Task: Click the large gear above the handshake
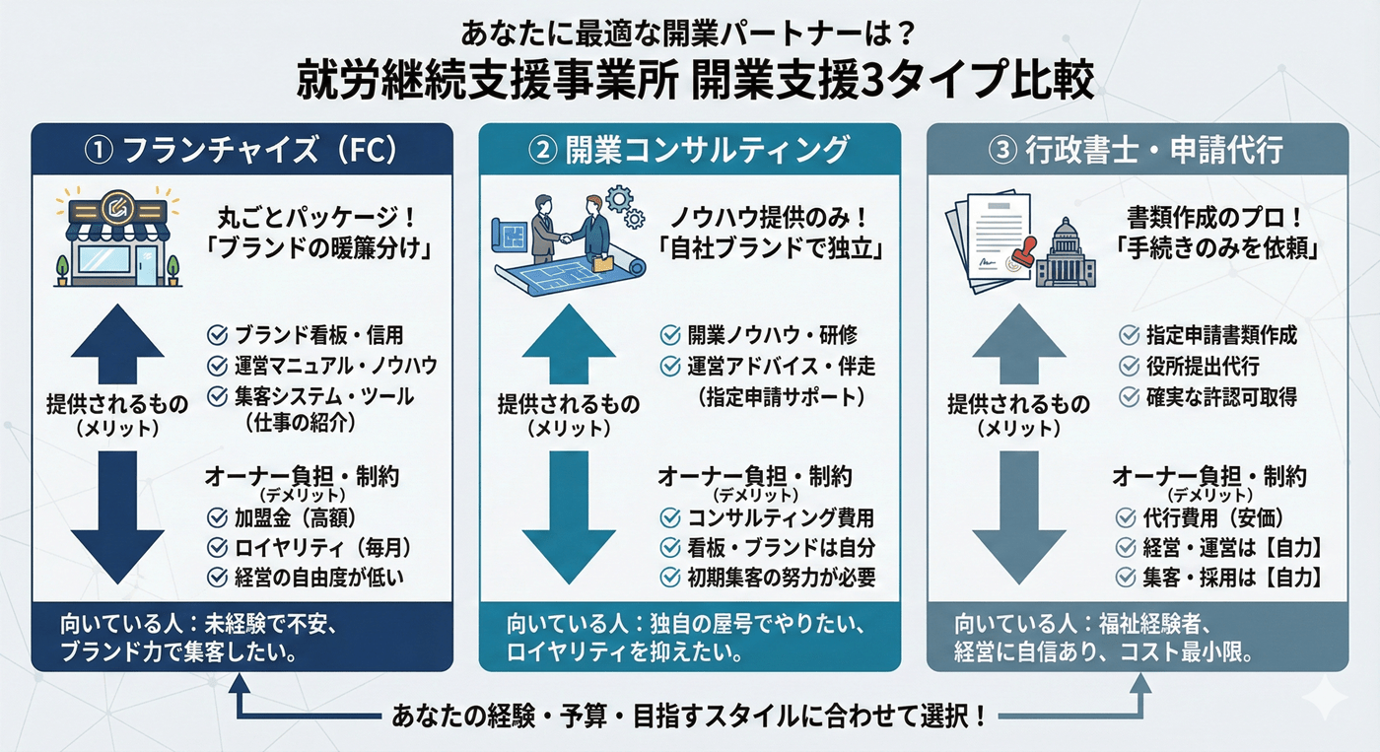click(619, 199)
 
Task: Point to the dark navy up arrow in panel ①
click(117, 344)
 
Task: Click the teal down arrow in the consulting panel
click(569, 517)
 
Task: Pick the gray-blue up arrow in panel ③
click(1019, 344)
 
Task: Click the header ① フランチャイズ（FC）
click(241, 150)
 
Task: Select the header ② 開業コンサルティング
click(689, 150)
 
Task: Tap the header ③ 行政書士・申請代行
click(1136, 150)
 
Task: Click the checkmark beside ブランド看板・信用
click(217, 335)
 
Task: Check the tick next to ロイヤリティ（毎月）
click(217, 547)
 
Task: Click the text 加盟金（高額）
click(295, 518)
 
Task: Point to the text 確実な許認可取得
click(1221, 397)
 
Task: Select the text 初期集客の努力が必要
click(781, 578)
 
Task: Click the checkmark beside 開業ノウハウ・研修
click(670, 335)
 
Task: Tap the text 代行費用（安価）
click(1213, 518)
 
